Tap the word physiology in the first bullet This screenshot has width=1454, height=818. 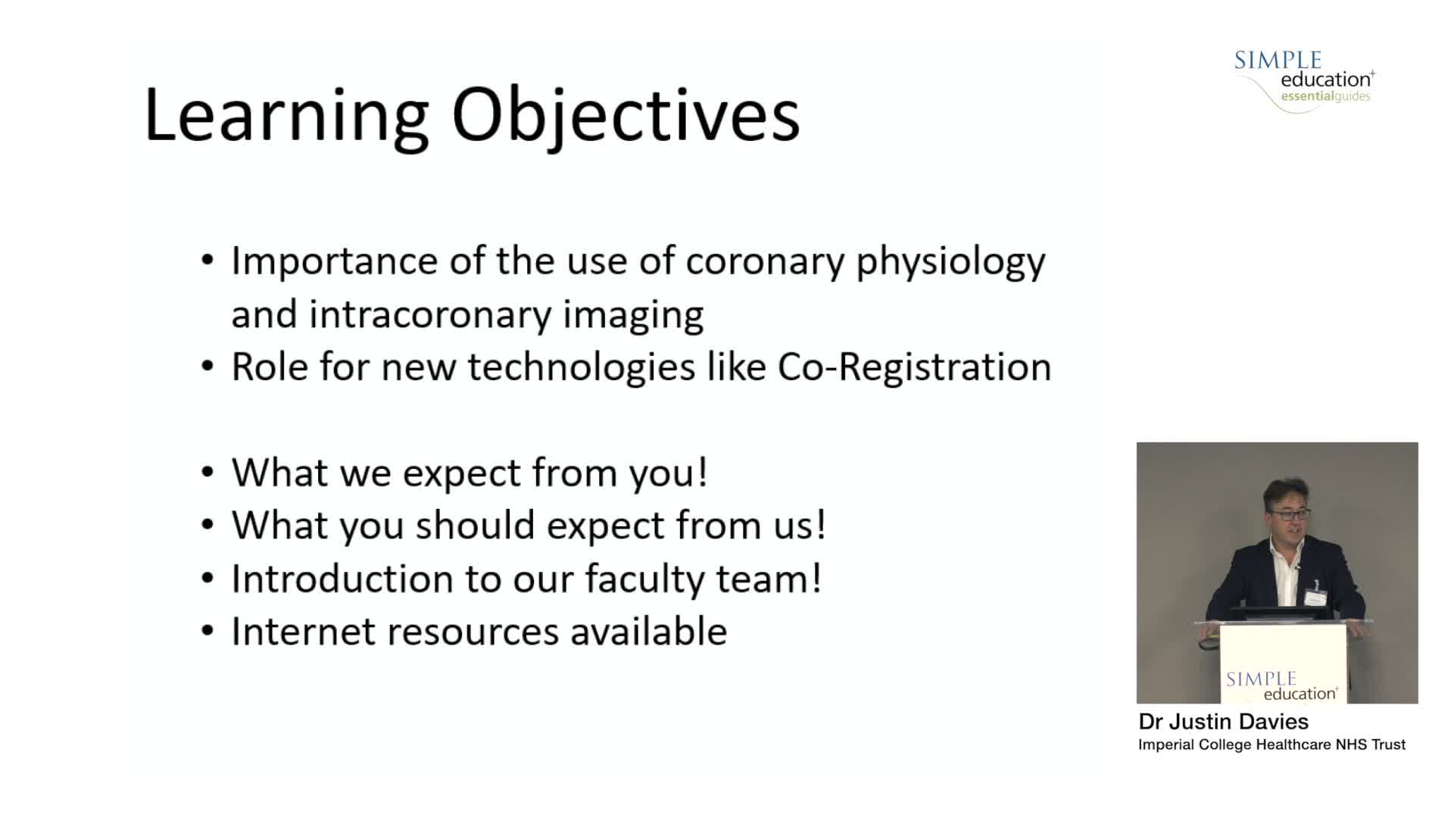coord(950,262)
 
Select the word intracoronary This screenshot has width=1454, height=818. coord(429,314)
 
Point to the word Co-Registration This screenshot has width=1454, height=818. coord(914,367)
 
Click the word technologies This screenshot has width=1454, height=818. coord(581,367)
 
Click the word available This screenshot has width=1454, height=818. coord(648,631)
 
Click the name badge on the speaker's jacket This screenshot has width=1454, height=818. coord(1316,597)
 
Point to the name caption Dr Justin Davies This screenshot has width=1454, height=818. coord(1223,721)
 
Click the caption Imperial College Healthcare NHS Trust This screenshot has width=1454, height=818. coord(1271,745)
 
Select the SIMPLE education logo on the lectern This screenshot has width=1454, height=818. coord(1281,685)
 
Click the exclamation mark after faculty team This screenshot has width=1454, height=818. coord(816,578)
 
